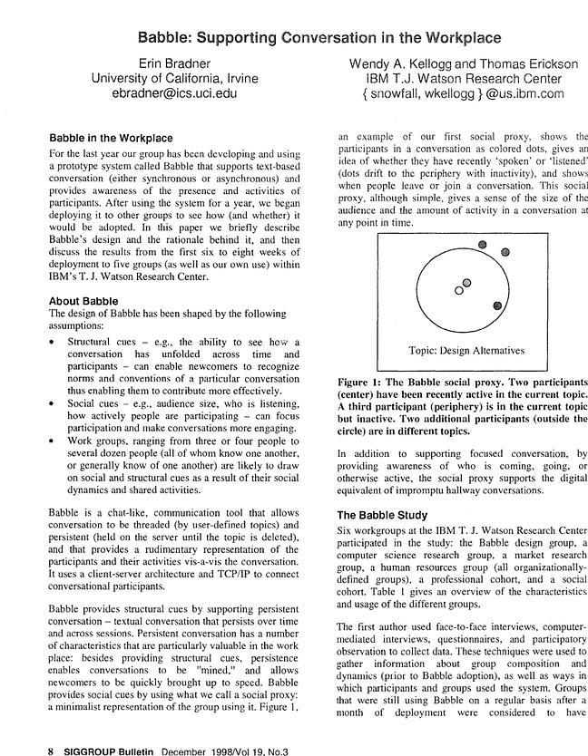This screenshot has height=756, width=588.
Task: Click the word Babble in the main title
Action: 163,39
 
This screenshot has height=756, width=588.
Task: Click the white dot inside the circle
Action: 459,291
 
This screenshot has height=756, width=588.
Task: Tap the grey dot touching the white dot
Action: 467,284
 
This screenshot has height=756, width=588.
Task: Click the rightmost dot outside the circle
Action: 505,251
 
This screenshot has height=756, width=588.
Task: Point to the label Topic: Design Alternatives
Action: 465,350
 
